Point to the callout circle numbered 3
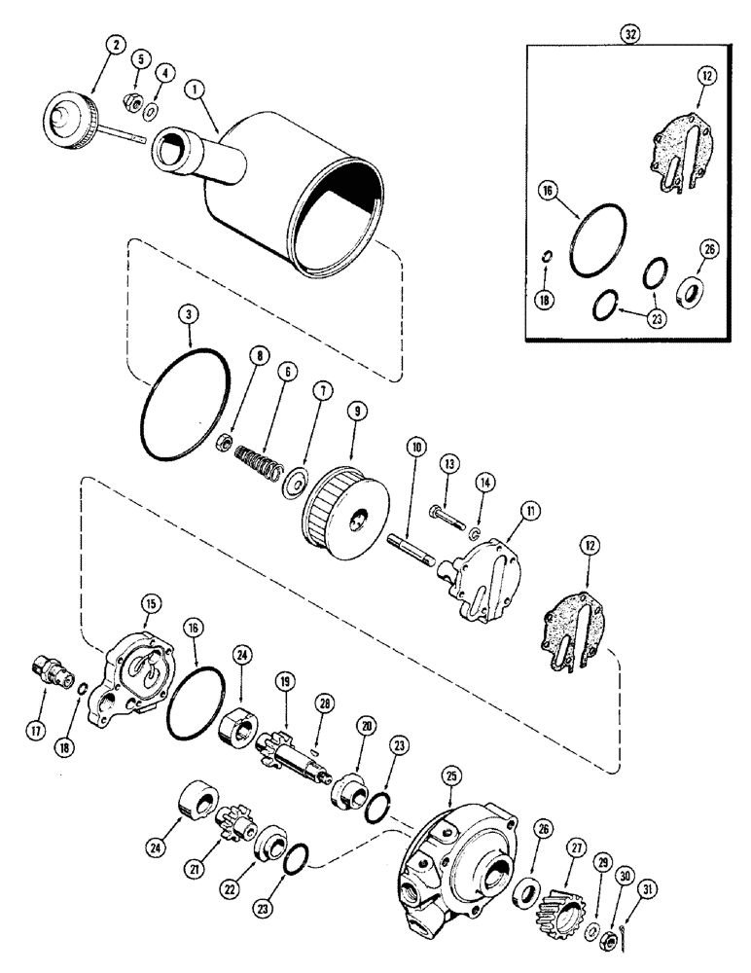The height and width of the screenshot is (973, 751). (x=189, y=316)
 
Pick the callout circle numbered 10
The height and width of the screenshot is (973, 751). (x=416, y=449)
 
